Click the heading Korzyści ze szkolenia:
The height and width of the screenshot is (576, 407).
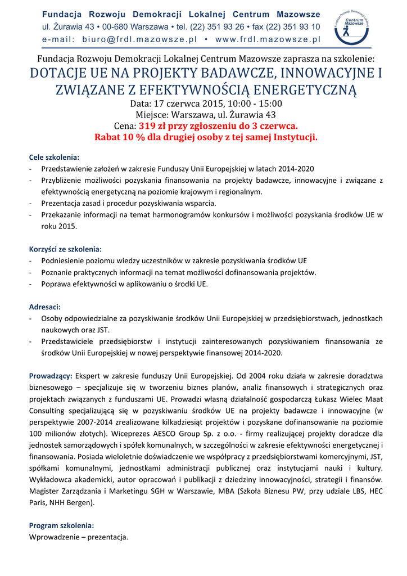(x=65, y=249)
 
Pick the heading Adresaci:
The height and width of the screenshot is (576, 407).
(x=44, y=307)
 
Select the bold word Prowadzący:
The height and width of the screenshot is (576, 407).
(x=51, y=376)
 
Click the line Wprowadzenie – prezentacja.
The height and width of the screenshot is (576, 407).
(x=79, y=537)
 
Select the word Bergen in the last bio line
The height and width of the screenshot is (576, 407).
(x=79, y=502)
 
